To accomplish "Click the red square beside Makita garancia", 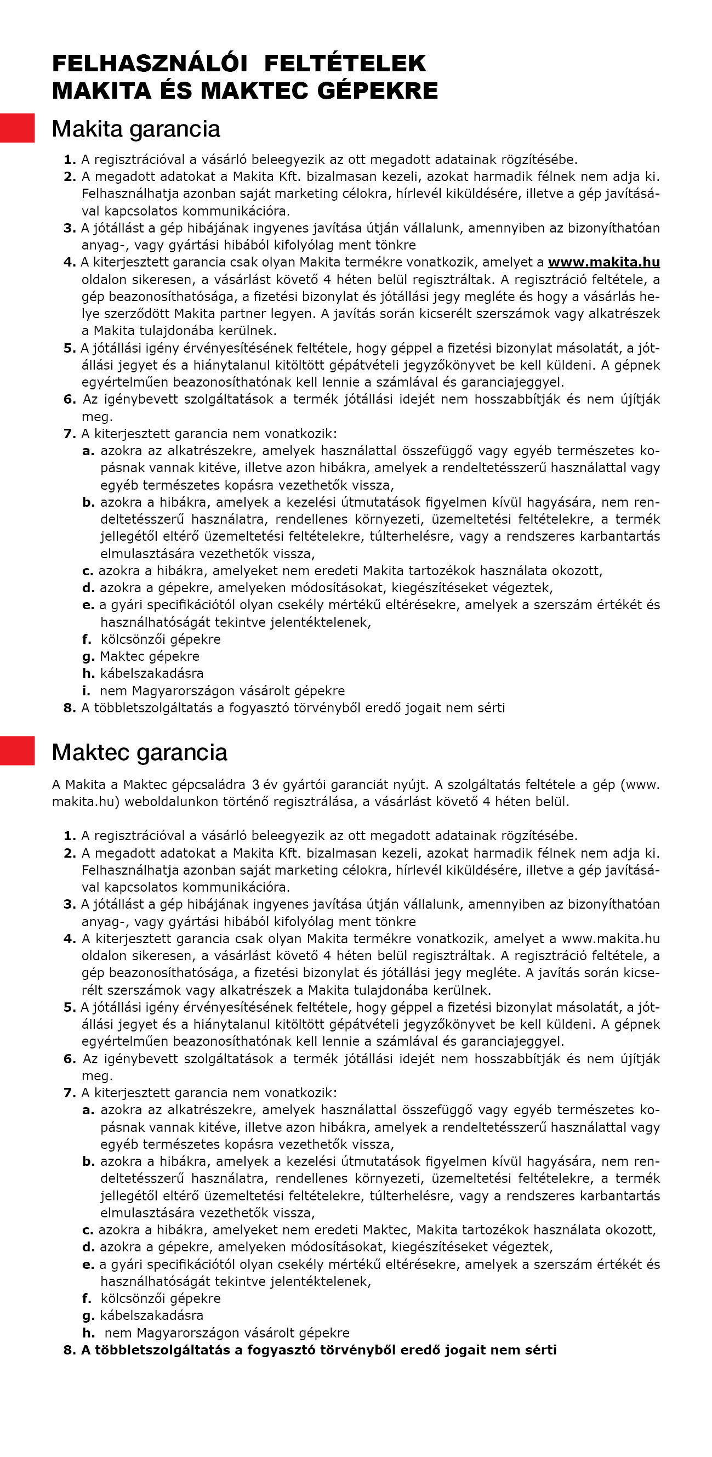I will click(17, 128).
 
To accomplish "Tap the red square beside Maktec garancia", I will click(17, 751).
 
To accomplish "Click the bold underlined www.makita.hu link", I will click(603, 262).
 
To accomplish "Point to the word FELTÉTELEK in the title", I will click(345, 64).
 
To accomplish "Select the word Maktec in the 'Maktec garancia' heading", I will click(90, 752).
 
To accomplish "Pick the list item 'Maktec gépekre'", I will click(149, 656).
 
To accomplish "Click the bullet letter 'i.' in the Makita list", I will click(86, 690).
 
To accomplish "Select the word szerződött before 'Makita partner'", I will click(138, 313).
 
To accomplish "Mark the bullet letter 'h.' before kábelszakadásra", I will click(88, 673).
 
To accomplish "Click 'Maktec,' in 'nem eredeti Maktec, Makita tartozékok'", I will click(387, 1229).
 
